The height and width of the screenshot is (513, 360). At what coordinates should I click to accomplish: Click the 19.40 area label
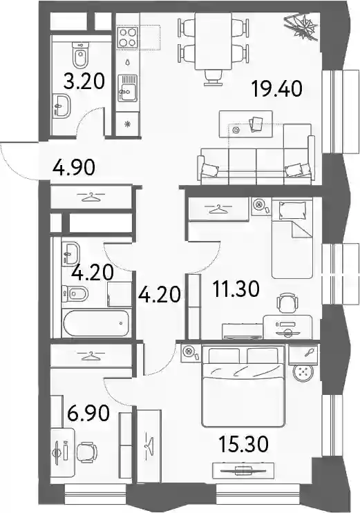point(277,89)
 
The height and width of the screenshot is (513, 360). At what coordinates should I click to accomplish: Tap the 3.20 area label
point(84,81)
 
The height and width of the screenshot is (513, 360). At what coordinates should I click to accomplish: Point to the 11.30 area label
point(236,289)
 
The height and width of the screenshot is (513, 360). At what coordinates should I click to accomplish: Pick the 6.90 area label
point(88,413)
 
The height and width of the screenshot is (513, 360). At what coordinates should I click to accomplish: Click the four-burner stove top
point(128,37)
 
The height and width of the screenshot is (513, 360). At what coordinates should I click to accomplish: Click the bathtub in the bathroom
point(95,323)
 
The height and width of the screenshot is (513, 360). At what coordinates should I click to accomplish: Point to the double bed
point(243,387)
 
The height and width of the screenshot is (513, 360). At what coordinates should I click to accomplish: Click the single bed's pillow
point(292,211)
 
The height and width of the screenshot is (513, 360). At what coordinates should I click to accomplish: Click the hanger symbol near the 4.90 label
point(91,197)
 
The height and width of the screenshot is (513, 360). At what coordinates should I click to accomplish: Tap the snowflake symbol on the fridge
point(127,124)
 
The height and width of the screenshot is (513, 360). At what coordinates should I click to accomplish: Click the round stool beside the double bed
point(303,373)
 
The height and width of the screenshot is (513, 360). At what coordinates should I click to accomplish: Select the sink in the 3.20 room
point(61,106)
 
